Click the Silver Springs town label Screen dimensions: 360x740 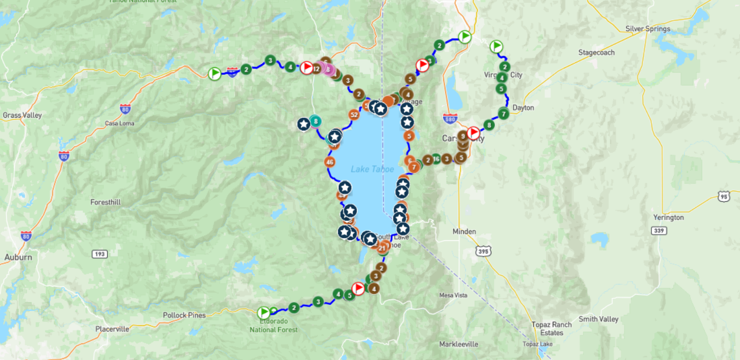click(647, 29)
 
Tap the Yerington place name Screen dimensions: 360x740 click(668, 217)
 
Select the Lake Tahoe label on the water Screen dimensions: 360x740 click(372, 169)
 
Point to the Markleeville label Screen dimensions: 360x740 click(458, 344)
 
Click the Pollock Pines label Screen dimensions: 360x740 click(185, 315)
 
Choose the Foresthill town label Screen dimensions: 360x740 click(105, 202)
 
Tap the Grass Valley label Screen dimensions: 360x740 click(22, 115)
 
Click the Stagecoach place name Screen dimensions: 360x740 click(596, 52)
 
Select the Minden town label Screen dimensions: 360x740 click(464, 231)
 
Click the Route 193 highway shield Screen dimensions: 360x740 click(99, 254)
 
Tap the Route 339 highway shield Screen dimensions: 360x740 click(658, 230)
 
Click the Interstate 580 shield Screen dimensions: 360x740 click(450, 118)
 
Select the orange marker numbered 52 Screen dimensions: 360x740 click(354, 115)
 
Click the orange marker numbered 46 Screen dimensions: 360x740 click(330, 162)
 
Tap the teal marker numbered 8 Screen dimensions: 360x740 click(315, 120)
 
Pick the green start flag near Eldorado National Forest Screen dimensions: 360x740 click(263, 313)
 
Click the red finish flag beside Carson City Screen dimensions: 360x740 click(473, 133)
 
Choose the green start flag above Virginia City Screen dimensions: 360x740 click(496, 47)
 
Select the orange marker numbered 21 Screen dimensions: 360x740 click(382, 248)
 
